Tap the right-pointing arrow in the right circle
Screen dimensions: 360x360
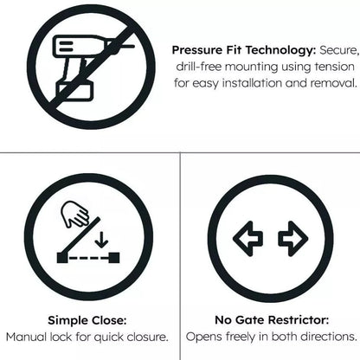point(292,238)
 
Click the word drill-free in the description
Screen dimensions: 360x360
point(205,67)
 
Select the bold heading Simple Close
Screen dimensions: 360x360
point(87,318)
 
